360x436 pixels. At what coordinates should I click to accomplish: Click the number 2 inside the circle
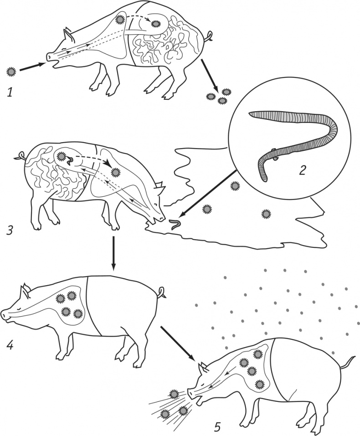(303, 170)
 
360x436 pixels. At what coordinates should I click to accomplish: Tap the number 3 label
(10, 231)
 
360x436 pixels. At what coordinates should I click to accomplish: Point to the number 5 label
(218, 426)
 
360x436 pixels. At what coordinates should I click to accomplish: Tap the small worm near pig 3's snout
(175, 224)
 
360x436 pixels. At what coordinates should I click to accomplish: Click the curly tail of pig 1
(209, 36)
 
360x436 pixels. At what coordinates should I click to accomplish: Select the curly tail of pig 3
(20, 156)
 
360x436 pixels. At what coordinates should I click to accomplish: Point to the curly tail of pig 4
(161, 292)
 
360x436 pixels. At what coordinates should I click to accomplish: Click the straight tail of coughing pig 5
(348, 362)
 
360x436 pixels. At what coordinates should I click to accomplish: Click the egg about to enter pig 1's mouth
(11, 72)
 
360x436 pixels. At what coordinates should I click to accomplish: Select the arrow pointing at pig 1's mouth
(32, 67)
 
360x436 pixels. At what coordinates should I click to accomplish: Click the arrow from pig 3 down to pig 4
(113, 253)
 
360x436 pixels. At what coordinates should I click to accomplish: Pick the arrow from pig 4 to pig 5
(178, 342)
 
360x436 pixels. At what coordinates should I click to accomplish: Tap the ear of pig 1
(69, 35)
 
